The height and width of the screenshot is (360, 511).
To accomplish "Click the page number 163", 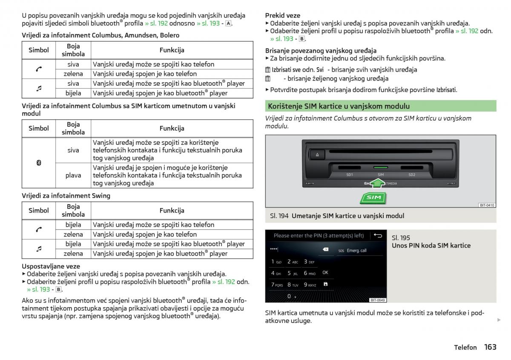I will click(x=490, y=347).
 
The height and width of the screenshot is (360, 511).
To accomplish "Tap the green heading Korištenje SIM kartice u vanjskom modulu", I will click(x=338, y=106).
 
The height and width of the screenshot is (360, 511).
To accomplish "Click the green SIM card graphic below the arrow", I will click(x=373, y=198).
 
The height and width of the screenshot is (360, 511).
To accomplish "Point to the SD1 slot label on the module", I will click(x=350, y=175).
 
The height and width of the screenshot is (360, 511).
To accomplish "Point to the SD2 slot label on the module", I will click(x=412, y=175).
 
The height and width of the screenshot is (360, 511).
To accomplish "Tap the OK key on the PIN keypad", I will click(x=325, y=272).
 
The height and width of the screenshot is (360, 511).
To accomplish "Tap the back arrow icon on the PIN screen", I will click(x=377, y=235).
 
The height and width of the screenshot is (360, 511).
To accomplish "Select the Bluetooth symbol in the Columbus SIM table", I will click(x=39, y=163).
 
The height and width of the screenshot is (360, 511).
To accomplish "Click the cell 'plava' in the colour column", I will click(x=73, y=175).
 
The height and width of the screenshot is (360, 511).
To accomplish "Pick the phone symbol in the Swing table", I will click(x=39, y=230).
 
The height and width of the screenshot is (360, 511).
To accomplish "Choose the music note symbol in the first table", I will click(x=39, y=88).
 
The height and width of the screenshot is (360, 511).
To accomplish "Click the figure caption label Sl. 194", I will click(x=279, y=216).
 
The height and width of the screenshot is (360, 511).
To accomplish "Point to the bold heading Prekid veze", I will click(x=282, y=15).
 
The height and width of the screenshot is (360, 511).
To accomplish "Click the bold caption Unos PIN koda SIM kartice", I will click(x=431, y=245).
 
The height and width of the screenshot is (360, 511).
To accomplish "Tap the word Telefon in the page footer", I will click(x=465, y=348).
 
